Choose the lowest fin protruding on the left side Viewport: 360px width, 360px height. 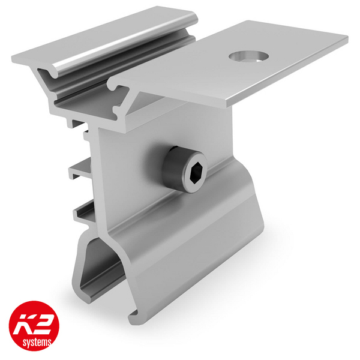[84, 210]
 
